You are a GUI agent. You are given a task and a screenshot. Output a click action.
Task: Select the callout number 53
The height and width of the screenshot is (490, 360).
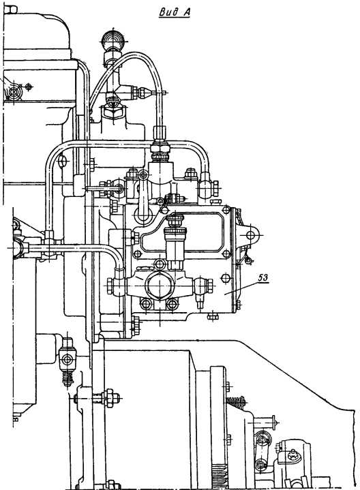pyautogui.click(x=263, y=277)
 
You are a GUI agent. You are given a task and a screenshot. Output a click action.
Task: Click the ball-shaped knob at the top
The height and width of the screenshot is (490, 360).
pyautogui.click(x=113, y=40)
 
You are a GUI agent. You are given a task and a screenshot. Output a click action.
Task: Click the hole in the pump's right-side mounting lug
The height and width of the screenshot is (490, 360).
pyautogui.click(x=250, y=235)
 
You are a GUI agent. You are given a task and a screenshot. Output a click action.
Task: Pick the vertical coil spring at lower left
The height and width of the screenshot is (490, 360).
pyautogui.click(x=67, y=378)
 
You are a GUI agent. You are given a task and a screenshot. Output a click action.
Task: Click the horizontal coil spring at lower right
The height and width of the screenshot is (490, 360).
pyautogui.click(x=237, y=401)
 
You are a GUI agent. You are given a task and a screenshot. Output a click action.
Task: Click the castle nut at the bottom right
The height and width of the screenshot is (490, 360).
pyautogui.click(x=292, y=453)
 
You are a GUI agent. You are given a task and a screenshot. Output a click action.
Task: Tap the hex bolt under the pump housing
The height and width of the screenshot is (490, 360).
pyautogui.click(x=213, y=316)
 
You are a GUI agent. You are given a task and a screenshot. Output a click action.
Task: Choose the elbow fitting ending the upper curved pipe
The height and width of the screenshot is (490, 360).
pyautogui.click(x=207, y=186)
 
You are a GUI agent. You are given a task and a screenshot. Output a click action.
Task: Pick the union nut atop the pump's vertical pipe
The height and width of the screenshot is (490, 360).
pyautogui.click(x=160, y=147)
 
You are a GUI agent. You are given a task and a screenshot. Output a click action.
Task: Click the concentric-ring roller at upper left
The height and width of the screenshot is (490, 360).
pyautogui.click(x=14, y=91)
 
